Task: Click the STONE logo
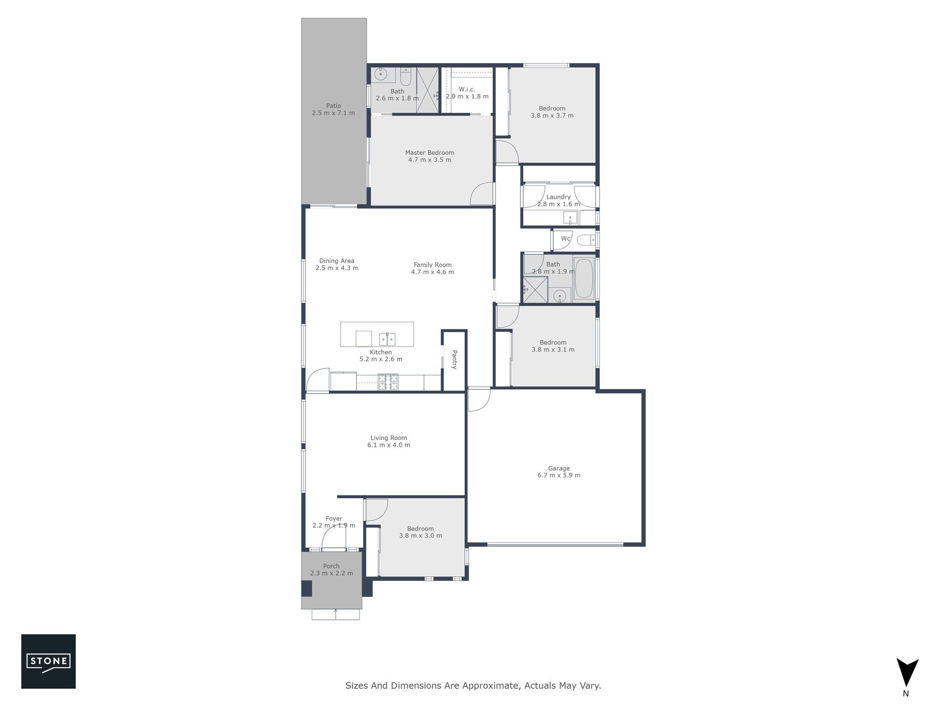(48, 661)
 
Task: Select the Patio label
(333, 106)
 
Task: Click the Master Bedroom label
(430, 153)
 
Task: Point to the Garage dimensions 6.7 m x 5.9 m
(559, 475)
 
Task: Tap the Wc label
(565, 239)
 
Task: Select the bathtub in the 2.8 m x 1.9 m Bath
(584, 278)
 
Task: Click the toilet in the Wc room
(587, 241)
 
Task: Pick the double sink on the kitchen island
(387, 339)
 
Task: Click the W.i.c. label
(467, 89)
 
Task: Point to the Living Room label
(389, 438)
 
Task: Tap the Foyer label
(334, 519)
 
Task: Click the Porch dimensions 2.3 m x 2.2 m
(331, 573)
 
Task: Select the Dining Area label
(337, 261)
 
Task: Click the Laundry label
(558, 197)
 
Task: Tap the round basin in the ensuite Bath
(380, 75)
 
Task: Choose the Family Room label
(433, 265)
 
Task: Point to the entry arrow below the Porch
(336, 614)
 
